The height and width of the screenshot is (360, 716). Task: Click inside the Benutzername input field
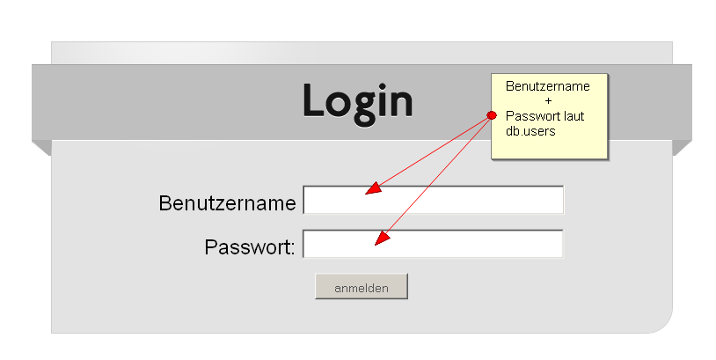(x=434, y=200)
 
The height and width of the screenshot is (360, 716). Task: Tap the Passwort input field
(x=433, y=244)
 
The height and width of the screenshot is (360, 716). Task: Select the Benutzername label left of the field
(x=227, y=203)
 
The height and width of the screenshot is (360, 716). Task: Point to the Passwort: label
(x=250, y=247)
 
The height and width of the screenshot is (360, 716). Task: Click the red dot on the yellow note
(x=492, y=115)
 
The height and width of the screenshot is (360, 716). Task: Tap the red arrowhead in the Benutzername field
(x=374, y=188)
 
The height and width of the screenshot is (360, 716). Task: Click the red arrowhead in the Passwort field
(x=383, y=238)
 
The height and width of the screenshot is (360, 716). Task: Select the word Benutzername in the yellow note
(x=547, y=86)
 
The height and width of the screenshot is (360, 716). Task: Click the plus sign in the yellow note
(x=548, y=101)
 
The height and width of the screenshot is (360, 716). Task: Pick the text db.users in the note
(x=530, y=131)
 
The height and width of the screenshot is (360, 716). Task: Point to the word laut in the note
(x=574, y=116)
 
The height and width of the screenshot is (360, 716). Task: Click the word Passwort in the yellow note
(x=532, y=116)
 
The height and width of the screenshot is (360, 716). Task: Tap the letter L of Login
(x=313, y=100)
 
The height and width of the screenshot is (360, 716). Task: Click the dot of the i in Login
(x=381, y=86)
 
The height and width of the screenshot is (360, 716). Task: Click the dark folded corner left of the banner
(x=41, y=148)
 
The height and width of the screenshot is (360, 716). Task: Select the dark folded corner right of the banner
(x=683, y=148)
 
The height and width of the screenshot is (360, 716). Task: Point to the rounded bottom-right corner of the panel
(x=666, y=327)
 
